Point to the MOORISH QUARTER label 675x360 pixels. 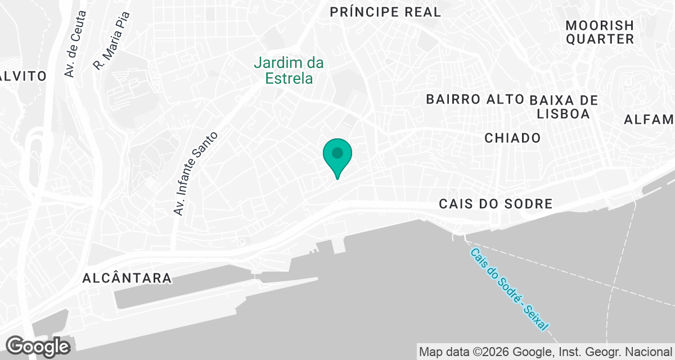pyautogui.click(x=600, y=32)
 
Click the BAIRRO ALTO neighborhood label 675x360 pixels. pyautogui.click(x=475, y=100)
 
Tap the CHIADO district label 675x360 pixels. pyautogui.click(x=512, y=138)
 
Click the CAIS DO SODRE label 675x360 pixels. pyautogui.click(x=496, y=204)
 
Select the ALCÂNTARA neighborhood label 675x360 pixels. pyautogui.click(x=127, y=278)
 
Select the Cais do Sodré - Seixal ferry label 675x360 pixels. pyautogui.click(x=509, y=290)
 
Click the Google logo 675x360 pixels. pyautogui.click(x=38, y=346)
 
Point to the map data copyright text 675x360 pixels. pyautogui.click(x=546, y=352)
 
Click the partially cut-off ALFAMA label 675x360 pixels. pyautogui.click(x=650, y=119)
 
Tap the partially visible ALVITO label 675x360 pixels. pyautogui.click(x=22, y=76)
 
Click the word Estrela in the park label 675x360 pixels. pyautogui.click(x=290, y=78)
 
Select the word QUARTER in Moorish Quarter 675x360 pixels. pyautogui.click(x=600, y=39)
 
